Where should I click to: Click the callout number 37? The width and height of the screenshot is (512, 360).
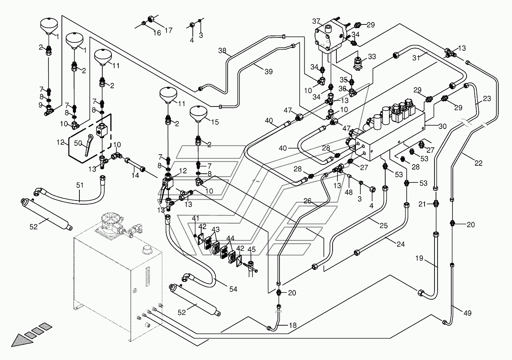tap(316, 21)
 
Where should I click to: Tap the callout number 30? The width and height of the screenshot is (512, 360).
tap(443, 126)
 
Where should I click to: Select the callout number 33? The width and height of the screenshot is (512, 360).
tap(372, 57)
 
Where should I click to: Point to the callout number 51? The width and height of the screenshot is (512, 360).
tap(80, 185)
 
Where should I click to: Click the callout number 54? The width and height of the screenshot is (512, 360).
tap(233, 289)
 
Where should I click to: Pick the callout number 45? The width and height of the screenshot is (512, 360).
tap(252, 249)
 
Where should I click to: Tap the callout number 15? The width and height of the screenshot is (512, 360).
tap(215, 122)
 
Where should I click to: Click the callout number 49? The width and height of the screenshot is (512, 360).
tap(467, 313)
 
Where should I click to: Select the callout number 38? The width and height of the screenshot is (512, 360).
tap(222, 50)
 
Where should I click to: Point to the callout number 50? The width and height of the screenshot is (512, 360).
tap(78, 143)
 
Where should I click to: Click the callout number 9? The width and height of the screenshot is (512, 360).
tap(40, 105)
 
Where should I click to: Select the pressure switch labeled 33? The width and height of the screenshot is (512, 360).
tap(357, 64)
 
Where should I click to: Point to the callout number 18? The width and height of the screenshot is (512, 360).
tap(293, 325)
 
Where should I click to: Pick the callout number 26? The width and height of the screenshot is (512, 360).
tap(307, 201)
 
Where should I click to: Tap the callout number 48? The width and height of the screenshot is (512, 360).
tap(349, 192)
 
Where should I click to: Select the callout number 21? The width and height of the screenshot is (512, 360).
tap(422, 204)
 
